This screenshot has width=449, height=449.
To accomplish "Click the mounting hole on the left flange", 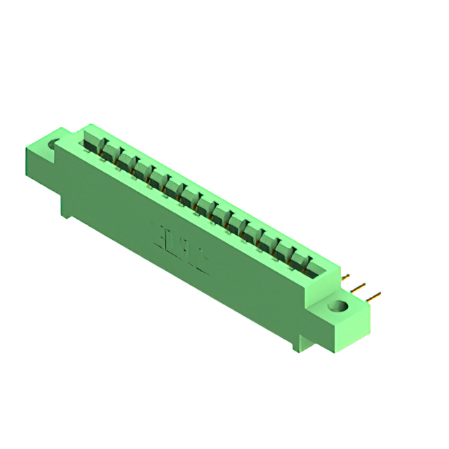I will pos(54,145).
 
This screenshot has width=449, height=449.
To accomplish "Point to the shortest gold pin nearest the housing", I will pos(346,277).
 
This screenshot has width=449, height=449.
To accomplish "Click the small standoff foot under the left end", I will pos(65,211).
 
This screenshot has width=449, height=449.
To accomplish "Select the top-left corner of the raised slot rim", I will pos(85,127).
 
